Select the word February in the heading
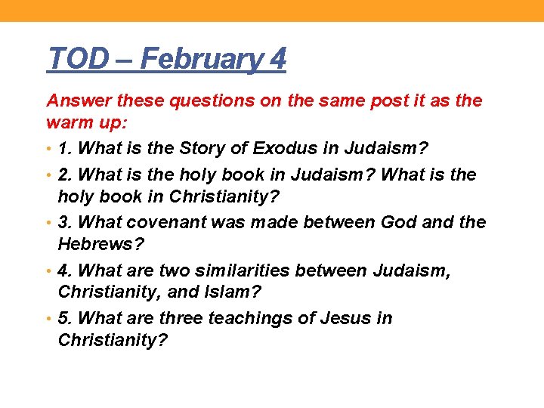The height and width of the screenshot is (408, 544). point(199,58)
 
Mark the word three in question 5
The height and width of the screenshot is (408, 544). point(179,318)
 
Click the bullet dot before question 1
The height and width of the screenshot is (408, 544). point(50,149)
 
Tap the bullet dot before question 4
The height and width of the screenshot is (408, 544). point(50,270)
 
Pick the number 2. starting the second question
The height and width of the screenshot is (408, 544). point(66,175)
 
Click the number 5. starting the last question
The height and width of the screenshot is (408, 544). point(66,318)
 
